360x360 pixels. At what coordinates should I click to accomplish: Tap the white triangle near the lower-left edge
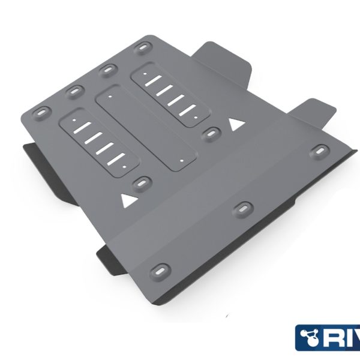coord(127,200)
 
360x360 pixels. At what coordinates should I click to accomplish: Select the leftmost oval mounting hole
coord(41,111)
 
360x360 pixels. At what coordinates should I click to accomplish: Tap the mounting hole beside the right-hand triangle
coord(210,133)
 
